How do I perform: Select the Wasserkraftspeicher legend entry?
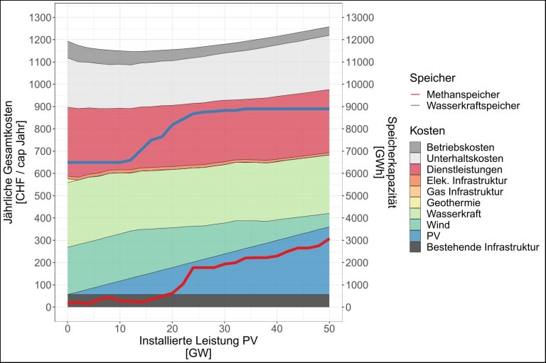coord(470,106)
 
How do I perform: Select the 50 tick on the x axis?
coord(328,328)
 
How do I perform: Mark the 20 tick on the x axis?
coord(172,328)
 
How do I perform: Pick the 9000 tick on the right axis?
coord(360,107)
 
